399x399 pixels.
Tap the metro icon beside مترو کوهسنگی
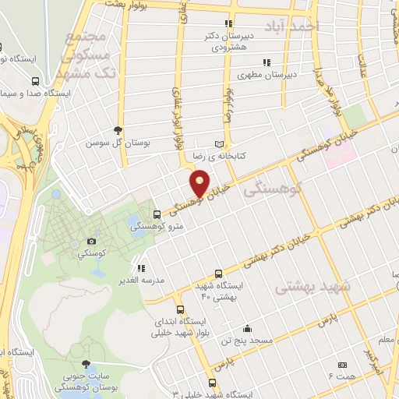point(158,214)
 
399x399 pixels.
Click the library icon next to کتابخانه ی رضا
point(219,144)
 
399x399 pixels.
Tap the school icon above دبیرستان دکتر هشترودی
point(228,24)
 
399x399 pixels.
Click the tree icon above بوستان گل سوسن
point(118,131)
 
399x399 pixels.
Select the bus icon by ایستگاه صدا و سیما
point(34,80)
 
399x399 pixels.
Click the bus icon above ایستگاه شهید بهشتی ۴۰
point(218,274)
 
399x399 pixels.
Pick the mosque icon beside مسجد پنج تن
point(248,328)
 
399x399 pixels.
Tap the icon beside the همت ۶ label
point(341,364)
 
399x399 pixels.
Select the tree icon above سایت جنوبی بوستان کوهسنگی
point(86,364)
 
